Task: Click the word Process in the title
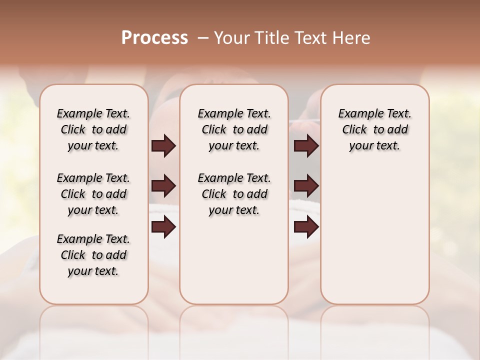pos(154,38)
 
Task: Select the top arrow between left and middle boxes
pos(163,146)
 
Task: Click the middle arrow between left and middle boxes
pos(163,186)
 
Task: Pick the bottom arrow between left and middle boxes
pos(163,227)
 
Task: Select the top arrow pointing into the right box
pos(306,146)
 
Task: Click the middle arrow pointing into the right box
pos(306,186)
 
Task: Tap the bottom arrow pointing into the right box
pos(306,227)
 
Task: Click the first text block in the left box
pos(93,129)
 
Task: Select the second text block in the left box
pos(93,194)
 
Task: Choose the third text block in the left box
pos(93,255)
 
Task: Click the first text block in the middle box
pos(234,129)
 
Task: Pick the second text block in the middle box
pos(234,194)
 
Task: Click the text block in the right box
pos(374,129)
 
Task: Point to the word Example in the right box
pos(357,114)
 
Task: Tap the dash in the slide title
pos(203,38)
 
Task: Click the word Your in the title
pos(232,38)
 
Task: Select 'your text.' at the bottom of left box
pos(93,271)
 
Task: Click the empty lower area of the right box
pos(374,235)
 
